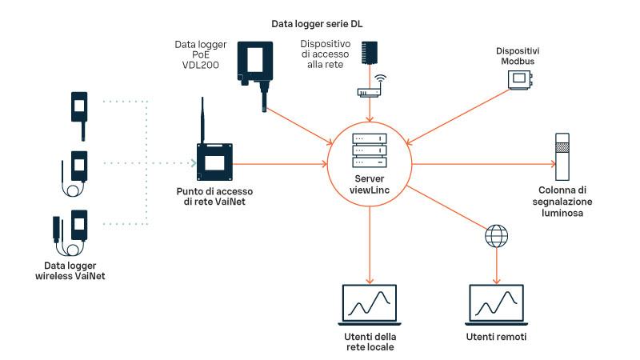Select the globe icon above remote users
[497, 238]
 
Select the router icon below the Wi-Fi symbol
[370, 93]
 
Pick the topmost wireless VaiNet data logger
[79, 106]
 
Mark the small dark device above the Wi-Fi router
[370, 53]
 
